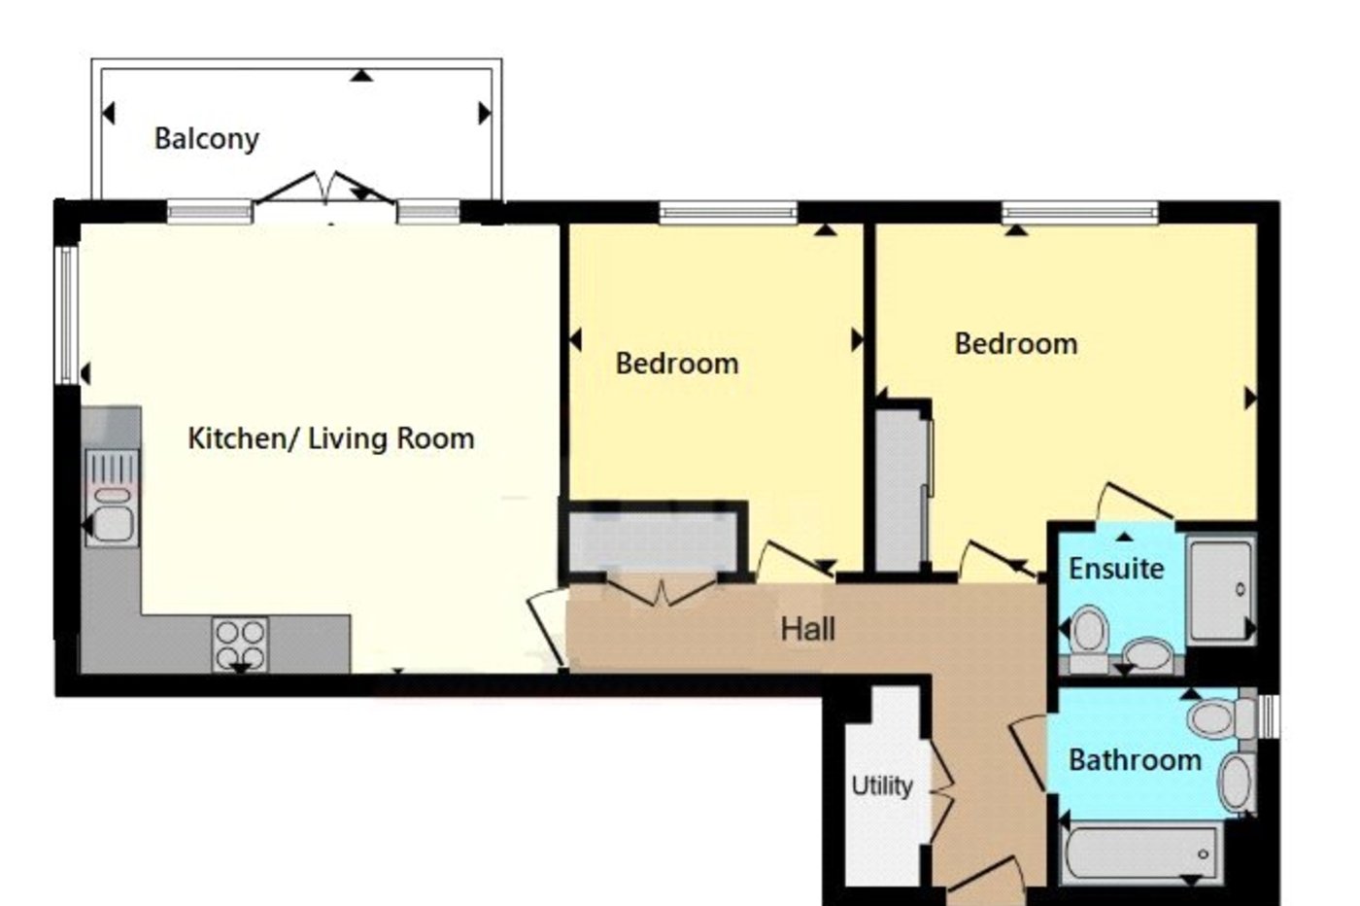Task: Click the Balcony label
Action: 206,139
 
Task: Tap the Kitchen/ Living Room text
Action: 330,438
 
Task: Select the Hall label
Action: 807,629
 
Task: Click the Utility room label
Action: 882,784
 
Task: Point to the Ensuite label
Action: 1116,568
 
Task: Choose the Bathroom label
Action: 1135,759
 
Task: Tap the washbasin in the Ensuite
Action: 1149,653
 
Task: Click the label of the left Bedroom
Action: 677,364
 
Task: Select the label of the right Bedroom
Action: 1015,343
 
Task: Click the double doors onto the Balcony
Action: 325,193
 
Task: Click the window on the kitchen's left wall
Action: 65,314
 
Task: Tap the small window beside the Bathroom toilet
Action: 1268,716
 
